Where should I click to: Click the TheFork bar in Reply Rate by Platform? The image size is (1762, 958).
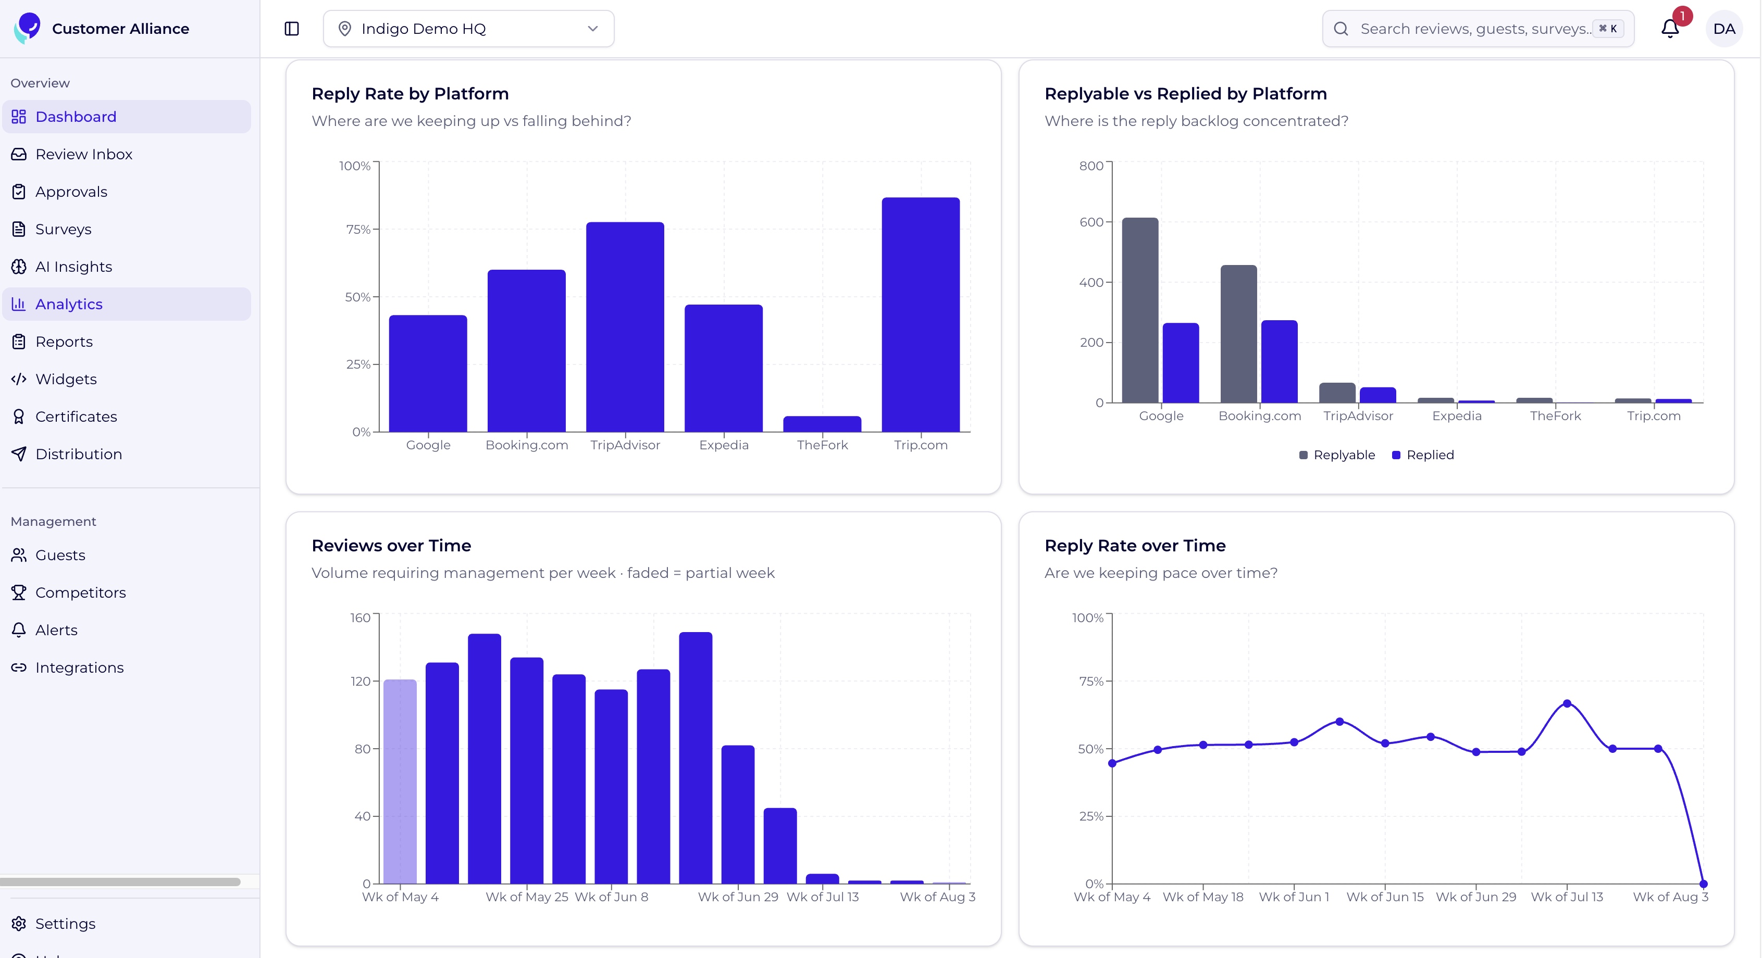click(x=822, y=424)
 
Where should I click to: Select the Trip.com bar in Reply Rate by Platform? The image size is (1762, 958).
click(x=921, y=314)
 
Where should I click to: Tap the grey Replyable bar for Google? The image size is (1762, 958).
click(x=1140, y=310)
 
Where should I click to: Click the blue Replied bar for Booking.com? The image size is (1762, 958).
click(x=1279, y=361)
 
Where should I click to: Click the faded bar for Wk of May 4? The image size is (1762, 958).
click(x=400, y=781)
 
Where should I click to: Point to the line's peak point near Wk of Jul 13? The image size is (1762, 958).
click(x=1567, y=703)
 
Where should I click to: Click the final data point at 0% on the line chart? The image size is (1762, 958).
click(x=1703, y=884)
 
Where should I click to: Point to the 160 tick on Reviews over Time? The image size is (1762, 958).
click(x=361, y=618)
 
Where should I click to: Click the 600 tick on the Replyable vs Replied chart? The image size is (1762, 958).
click(x=1091, y=222)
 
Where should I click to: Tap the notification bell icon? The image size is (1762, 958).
click(x=1670, y=29)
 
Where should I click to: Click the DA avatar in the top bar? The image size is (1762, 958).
click(x=1723, y=29)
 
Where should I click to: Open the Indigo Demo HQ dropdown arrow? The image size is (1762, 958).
click(x=593, y=29)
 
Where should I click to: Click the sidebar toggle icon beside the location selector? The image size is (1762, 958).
click(x=292, y=29)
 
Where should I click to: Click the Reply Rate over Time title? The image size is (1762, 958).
click(x=1135, y=546)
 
